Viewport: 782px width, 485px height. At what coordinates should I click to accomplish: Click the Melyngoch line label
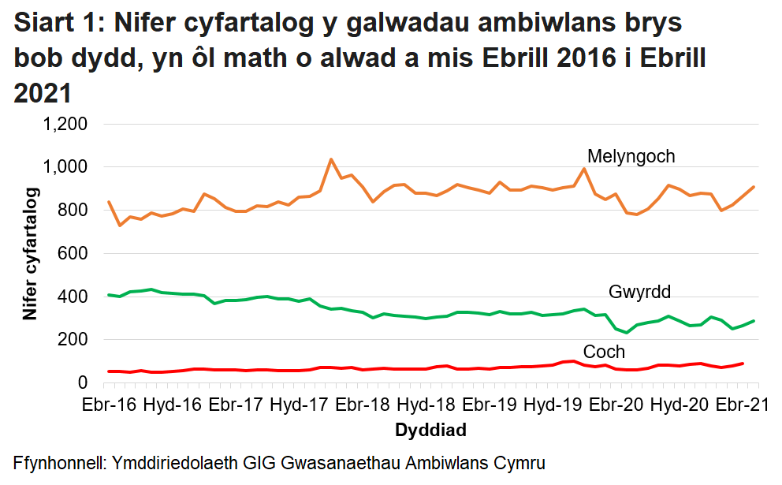tap(631, 156)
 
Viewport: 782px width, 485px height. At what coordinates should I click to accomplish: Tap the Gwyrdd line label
tap(639, 293)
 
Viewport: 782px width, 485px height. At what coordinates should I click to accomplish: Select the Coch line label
tap(604, 352)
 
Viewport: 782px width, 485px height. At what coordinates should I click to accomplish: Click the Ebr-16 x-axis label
tap(109, 405)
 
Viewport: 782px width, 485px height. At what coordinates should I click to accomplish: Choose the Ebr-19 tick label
tap(490, 405)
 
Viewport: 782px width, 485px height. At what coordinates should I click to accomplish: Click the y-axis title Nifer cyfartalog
tap(30, 253)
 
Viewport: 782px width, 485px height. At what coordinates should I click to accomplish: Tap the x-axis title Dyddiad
tap(430, 431)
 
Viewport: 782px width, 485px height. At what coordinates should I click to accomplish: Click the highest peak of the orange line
tap(330, 159)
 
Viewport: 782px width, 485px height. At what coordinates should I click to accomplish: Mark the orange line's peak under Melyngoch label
tap(584, 168)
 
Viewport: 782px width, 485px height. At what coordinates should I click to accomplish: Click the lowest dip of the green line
tap(627, 332)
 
